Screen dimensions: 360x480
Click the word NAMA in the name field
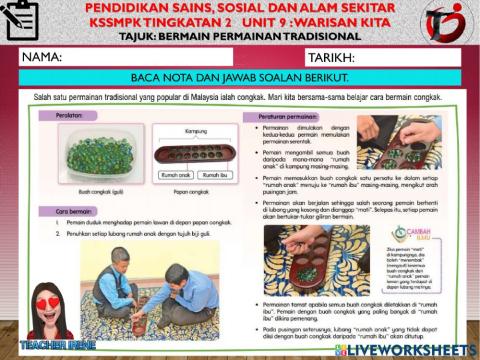pos(42,58)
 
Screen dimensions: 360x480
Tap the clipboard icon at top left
pos(20,20)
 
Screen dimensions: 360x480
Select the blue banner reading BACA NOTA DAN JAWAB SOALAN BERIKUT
pos(240,77)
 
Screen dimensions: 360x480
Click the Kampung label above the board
pos(197,131)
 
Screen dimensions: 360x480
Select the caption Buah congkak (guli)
pos(97,191)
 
